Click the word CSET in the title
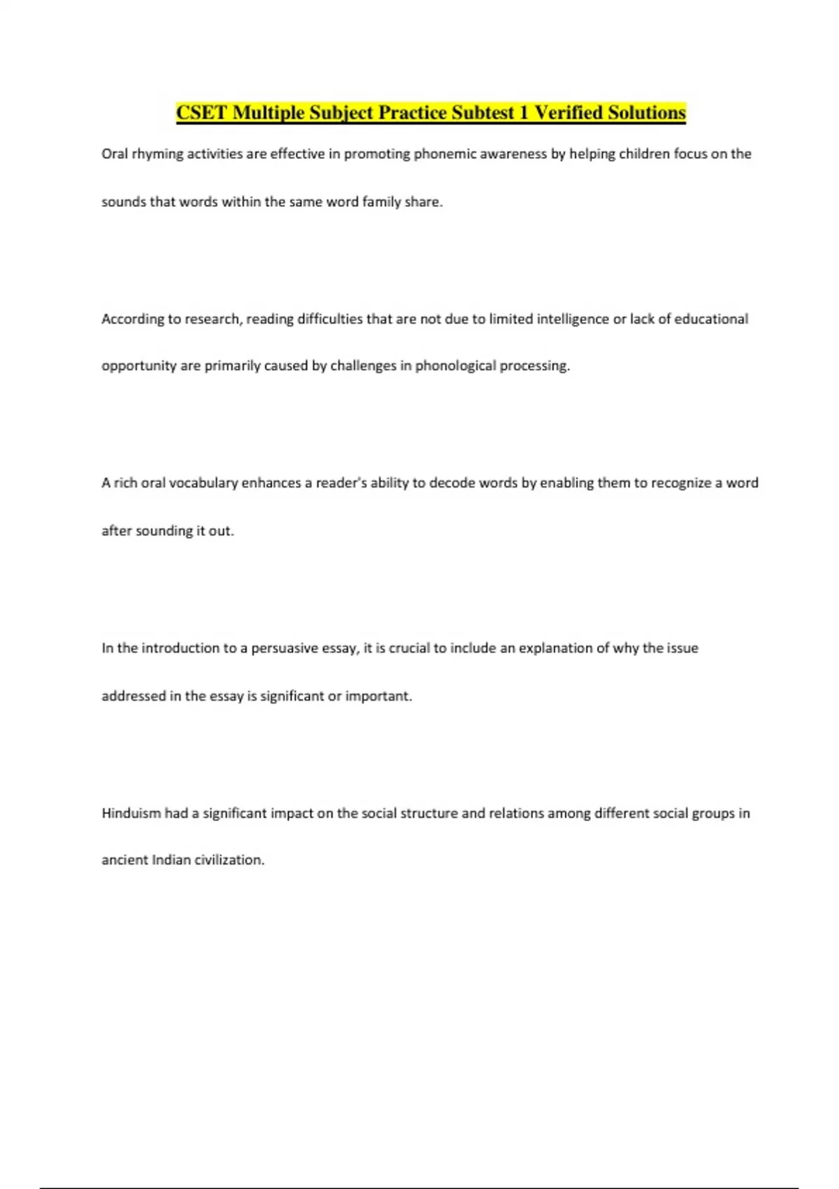[201, 113]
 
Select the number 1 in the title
[523, 113]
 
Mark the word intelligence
[573, 319]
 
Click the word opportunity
[138, 366]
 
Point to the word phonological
[456, 366]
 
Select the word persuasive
[284, 648]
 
